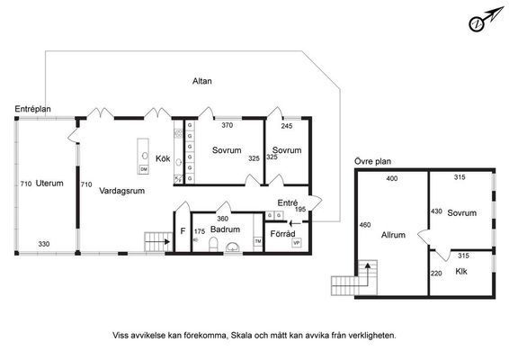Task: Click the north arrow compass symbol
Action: [481, 22]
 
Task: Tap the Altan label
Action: [202, 82]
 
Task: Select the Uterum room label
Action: [49, 184]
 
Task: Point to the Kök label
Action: [163, 159]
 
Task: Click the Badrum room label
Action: [226, 229]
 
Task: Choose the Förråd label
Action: [283, 233]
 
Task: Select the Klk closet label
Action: [461, 271]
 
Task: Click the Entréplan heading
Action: [32, 109]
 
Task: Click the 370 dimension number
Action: [228, 126]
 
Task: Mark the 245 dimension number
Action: [286, 126]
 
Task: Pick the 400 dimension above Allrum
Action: [391, 179]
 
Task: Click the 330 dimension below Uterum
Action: [44, 244]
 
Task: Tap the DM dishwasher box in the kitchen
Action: [143, 169]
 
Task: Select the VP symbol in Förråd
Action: [296, 243]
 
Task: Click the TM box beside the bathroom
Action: [257, 242]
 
